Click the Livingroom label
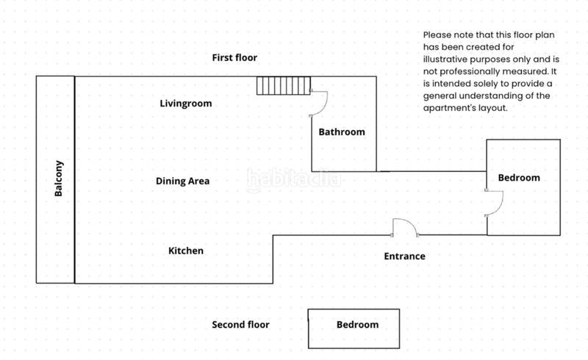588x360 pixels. [x=186, y=104]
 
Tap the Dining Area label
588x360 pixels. [x=182, y=181]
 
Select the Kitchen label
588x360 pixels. [x=186, y=251]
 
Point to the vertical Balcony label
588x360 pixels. [x=59, y=179]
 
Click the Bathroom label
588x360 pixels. [x=342, y=132]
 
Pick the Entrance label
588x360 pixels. [x=405, y=256]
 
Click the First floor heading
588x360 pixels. [x=234, y=58]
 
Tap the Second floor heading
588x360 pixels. [x=241, y=325]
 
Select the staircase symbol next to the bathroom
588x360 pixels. [x=284, y=85]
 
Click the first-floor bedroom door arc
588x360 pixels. [x=494, y=203]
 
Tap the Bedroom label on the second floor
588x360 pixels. [x=357, y=325]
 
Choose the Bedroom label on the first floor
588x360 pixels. [x=519, y=178]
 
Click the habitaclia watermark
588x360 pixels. [x=294, y=180]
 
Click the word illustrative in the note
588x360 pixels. [x=445, y=60]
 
